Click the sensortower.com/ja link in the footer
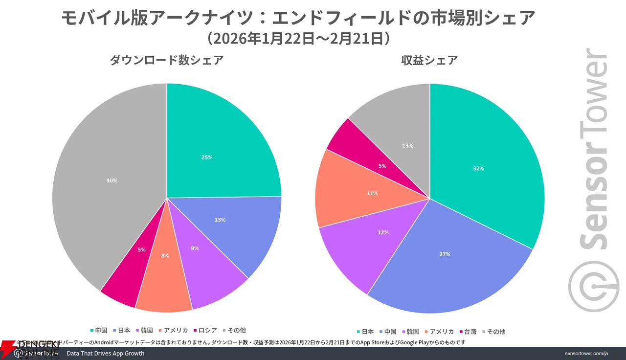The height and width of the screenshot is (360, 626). [x=586, y=353]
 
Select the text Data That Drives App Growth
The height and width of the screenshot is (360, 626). [x=105, y=353]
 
